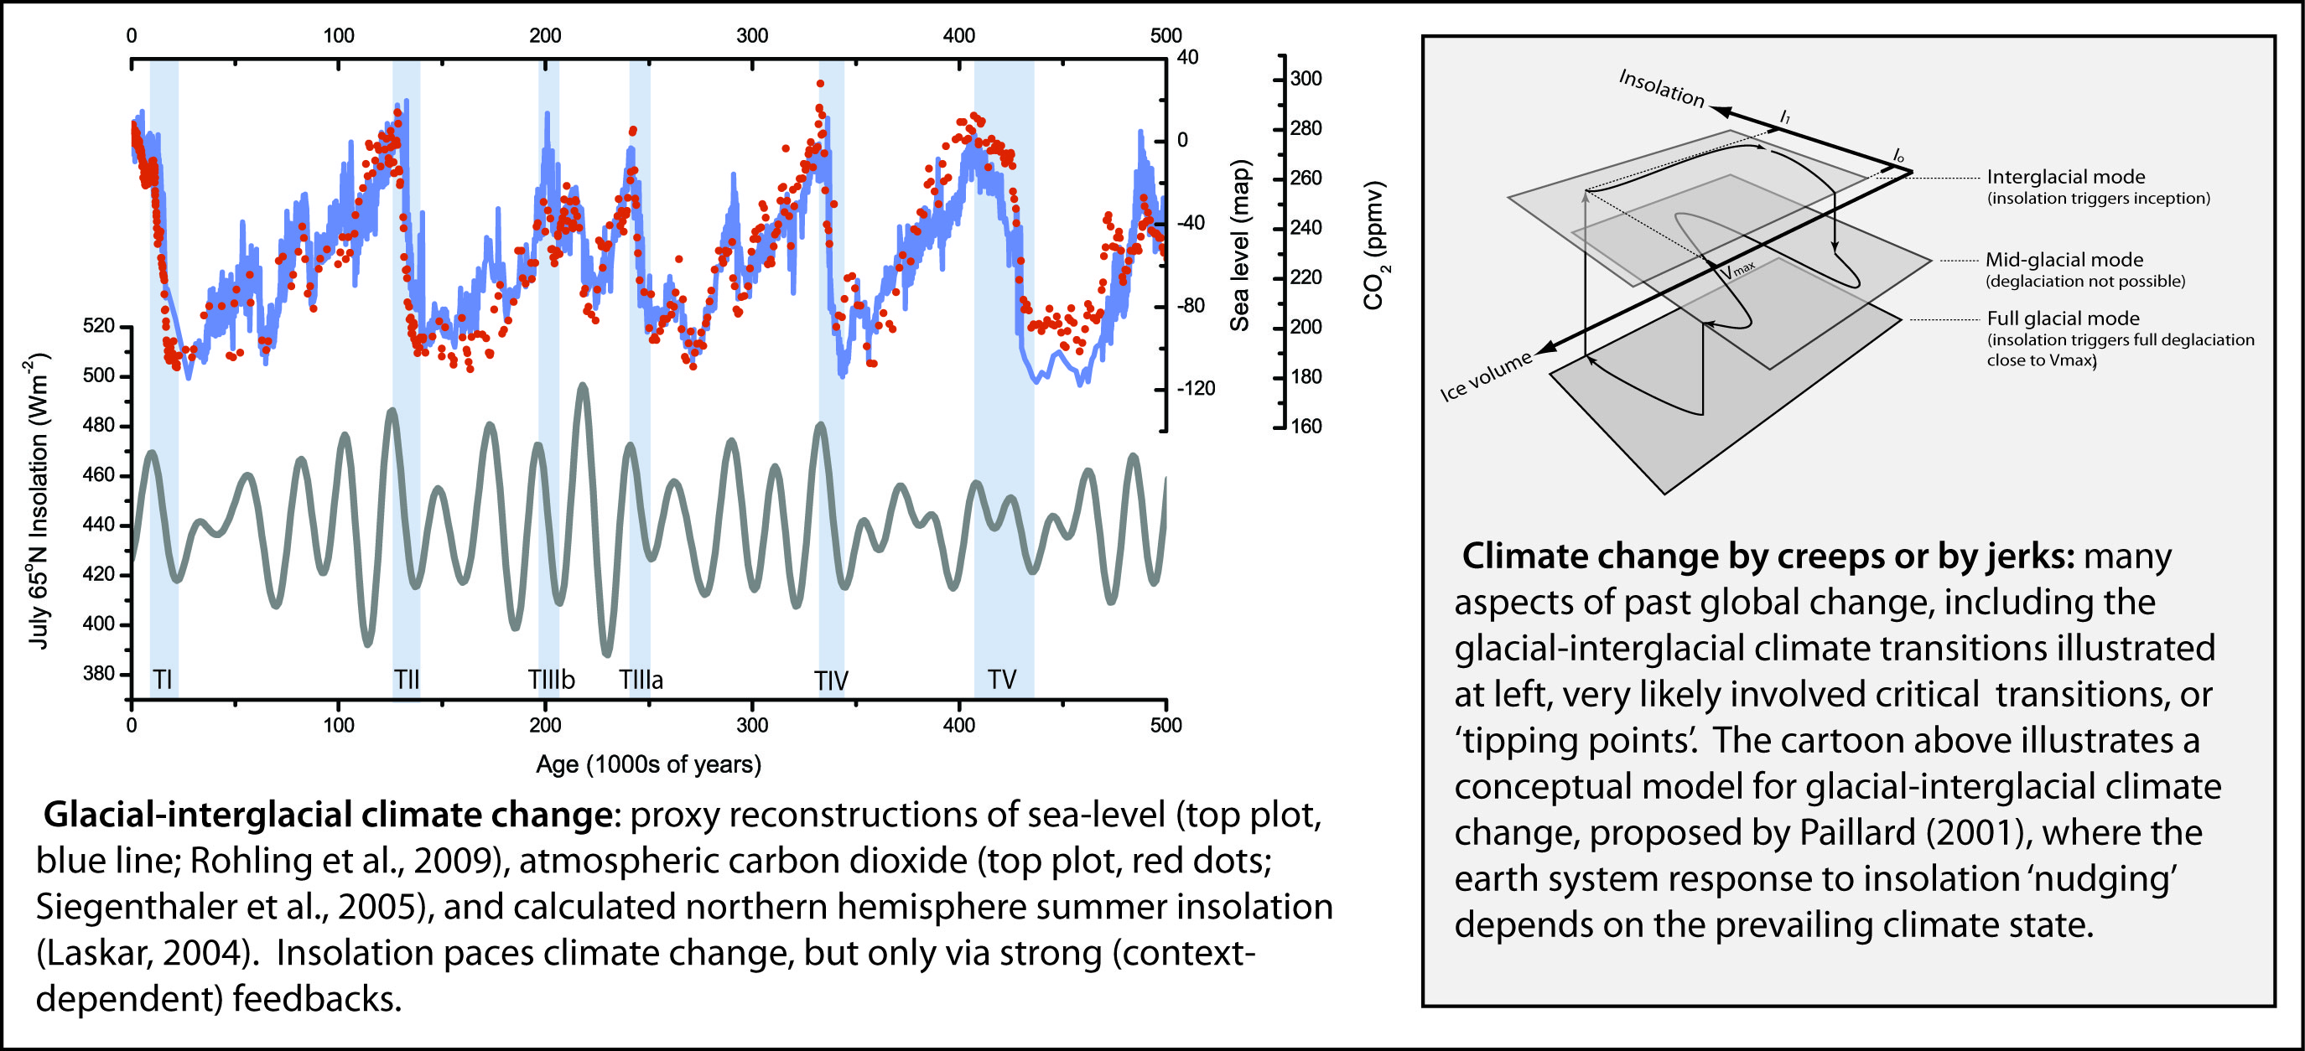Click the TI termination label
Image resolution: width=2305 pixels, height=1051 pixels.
[x=163, y=680]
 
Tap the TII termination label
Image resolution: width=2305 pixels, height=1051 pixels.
[x=406, y=680]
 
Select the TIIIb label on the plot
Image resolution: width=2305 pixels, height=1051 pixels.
[x=552, y=680]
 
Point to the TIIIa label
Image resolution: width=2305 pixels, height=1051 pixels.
[x=641, y=680]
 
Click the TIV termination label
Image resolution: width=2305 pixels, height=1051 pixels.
[x=831, y=681]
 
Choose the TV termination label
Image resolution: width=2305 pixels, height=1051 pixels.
[x=1002, y=680]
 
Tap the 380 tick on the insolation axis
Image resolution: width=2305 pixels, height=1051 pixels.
[x=98, y=674]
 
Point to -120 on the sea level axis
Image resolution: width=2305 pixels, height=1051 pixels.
[x=1196, y=389]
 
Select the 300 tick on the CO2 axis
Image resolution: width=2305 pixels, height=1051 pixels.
[x=1306, y=79]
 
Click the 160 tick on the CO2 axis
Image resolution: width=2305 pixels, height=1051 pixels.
[x=1306, y=427]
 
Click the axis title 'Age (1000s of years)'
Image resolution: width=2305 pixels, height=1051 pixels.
[x=649, y=764]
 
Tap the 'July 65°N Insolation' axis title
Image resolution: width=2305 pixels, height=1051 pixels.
[x=38, y=501]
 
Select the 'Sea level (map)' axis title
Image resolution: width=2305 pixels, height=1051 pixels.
[x=1239, y=246]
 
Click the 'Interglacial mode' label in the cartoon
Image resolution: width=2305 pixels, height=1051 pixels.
[x=2065, y=177]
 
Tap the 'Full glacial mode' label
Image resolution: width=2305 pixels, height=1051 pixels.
[x=2064, y=318]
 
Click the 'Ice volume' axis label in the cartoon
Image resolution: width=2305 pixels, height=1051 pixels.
[x=1487, y=377]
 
